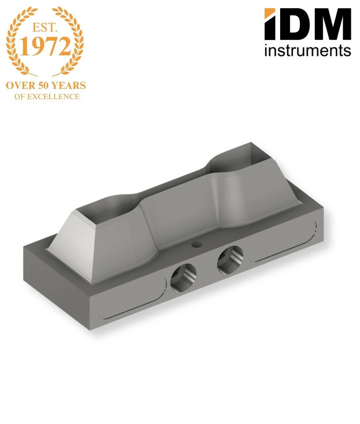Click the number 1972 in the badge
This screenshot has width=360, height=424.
(45, 46)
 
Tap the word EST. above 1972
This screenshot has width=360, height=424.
(45, 27)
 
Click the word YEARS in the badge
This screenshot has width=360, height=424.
(69, 86)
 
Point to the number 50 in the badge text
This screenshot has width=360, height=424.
(43, 86)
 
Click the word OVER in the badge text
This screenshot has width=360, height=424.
(21, 86)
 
